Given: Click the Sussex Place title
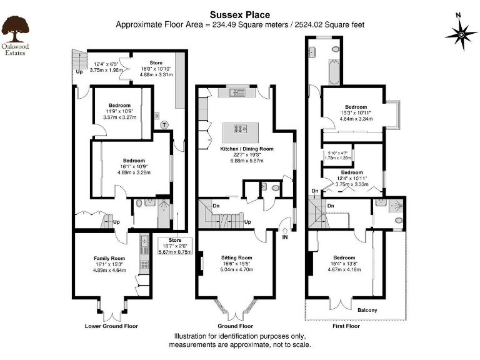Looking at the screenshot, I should point(239,14).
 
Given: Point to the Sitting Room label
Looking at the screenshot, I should point(237,257).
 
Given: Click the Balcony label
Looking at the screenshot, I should point(367,310).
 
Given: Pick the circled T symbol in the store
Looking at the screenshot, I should point(164,124).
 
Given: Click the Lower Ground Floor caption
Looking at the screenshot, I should point(111,326).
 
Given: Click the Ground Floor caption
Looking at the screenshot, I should point(236,326).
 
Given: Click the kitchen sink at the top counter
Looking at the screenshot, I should point(237,94).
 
